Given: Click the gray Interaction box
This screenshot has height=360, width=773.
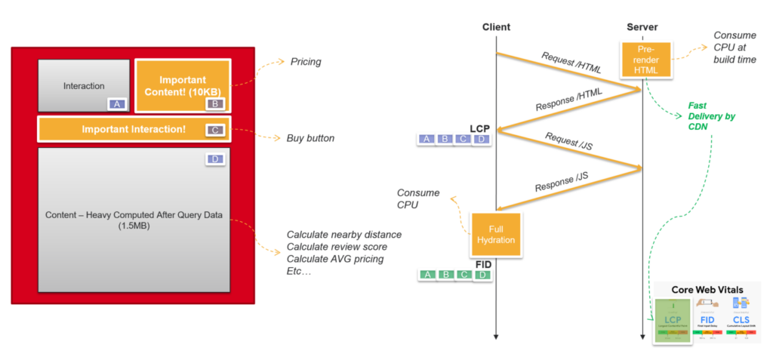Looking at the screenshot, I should tap(83, 86).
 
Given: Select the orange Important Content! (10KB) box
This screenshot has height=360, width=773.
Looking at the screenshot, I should tap(183, 85).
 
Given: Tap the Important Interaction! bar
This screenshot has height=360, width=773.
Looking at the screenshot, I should tap(134, 129).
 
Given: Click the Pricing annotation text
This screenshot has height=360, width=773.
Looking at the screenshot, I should tap(306, 62).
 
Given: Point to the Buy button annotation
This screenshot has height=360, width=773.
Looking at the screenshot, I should tap(310, 138).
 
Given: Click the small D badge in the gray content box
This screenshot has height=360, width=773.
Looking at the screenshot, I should tap(214, 160).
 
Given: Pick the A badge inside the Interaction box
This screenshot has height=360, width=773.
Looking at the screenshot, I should tap(117, 104).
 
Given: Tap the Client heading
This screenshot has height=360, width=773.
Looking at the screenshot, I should tap(496, 27).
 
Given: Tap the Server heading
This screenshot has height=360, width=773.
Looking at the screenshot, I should tap(642, 27).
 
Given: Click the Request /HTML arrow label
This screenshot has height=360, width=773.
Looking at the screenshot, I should tap(571, 63).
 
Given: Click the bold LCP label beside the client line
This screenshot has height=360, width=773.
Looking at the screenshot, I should tap(480, 128).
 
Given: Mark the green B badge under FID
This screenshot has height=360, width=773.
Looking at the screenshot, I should tap(445, 275).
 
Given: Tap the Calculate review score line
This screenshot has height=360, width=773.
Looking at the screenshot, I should tap(337, 247).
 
